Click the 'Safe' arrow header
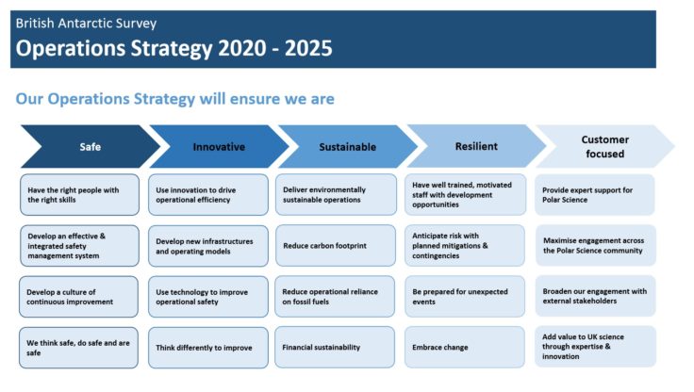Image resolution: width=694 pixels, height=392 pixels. [x=90, y=147]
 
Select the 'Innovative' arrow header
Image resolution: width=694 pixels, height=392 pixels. [x=219, y=147]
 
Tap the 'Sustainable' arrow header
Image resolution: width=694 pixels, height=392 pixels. [x=347, y=147]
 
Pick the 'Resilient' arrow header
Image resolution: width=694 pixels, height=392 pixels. [x=476, y=147]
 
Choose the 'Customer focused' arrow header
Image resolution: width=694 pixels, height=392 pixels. [x=604, y=147]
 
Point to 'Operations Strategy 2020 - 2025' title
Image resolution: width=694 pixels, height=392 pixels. [x=174, y=48]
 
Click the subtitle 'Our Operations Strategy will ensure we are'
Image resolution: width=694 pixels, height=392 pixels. [x=175, y=99]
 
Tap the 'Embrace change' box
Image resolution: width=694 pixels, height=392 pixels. [x=465, y=348]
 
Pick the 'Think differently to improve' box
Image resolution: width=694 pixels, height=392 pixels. [x=208, y=348]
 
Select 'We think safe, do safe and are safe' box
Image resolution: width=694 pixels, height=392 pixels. [x=79, y=348]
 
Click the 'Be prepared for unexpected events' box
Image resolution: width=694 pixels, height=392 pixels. [x=465, y=297]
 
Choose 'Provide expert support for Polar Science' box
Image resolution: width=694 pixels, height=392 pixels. [x=595, y=195]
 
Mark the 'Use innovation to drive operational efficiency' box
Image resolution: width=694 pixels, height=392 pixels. [x=208, y=195]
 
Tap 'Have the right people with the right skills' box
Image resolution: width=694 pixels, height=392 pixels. [x=79, y=195]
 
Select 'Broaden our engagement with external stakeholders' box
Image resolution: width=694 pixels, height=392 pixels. [x=595, y=297]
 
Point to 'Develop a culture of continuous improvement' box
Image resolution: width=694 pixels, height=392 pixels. [x=79, y=297]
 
